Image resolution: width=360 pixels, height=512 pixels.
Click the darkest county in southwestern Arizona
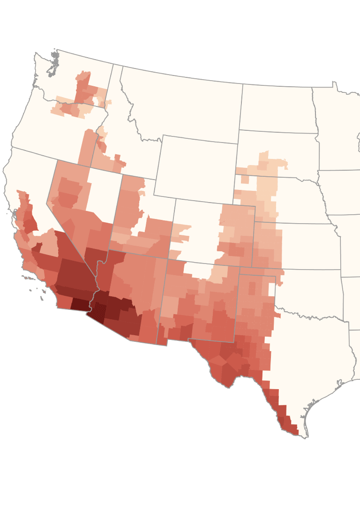tap(97, 312)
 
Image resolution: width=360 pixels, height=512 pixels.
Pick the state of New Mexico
tap(197, 305)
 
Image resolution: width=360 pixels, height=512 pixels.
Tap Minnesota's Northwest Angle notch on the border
tap(335, 84)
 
